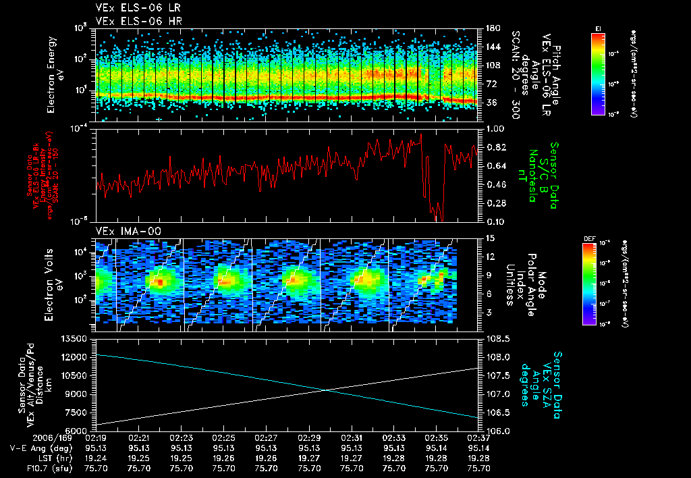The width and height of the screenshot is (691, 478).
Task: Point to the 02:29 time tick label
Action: click(309, 438)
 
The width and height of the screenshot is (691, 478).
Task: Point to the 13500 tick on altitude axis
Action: click(76, 338)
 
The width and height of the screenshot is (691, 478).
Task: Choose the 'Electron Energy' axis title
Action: click(53, 74)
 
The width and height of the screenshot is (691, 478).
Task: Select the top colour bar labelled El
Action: click(598, 72)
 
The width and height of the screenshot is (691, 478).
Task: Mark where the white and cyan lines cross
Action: click(327, 389)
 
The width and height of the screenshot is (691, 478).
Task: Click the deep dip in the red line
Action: click(438, 217)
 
